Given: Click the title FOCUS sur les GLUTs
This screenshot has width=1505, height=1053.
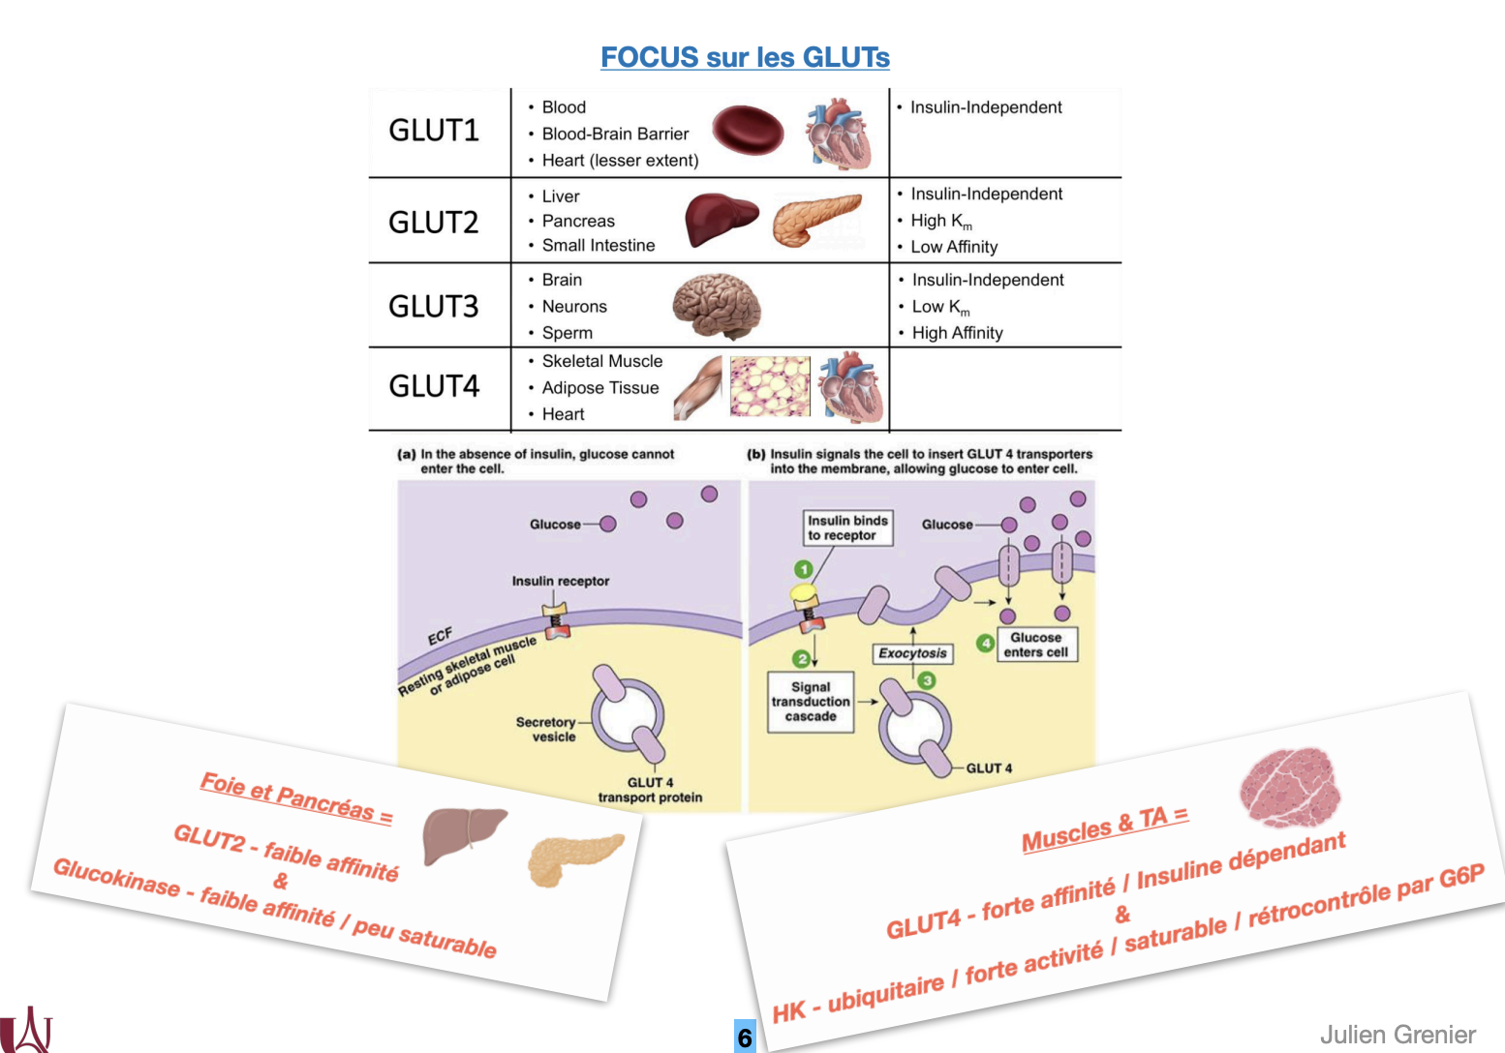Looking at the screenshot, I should [745, 57].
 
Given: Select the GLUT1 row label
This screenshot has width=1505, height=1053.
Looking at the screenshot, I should [434, 131].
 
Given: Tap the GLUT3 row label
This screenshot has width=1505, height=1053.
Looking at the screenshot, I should [434, 307].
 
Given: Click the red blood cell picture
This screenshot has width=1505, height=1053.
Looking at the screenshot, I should [748, 132].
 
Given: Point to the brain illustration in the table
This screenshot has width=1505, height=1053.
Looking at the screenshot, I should [717, 305].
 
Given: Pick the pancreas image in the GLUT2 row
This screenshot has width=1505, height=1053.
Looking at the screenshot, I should [816, 219].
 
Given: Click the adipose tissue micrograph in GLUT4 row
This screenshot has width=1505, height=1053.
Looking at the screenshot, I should [770, 386].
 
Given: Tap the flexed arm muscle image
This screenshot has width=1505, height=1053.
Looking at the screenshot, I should [699, 387].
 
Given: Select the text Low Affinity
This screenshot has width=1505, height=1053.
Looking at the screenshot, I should [954, 247].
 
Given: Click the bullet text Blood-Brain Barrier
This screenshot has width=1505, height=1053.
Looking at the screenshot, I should [615, 134].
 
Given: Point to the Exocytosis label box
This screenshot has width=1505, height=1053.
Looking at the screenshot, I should [912, 653].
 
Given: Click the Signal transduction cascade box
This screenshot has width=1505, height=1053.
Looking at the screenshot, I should [811, 702].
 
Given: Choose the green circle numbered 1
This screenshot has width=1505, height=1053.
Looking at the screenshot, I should [803, 569].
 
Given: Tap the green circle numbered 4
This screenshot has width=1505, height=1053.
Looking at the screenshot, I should [985, 643].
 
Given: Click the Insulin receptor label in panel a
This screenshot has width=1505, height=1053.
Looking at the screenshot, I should [561, 581].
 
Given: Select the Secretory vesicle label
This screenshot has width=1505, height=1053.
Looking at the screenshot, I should [546, 729].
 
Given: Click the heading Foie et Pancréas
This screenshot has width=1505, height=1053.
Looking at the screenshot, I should [296, 797].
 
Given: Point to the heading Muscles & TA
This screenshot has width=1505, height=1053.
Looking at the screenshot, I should [1105, 828].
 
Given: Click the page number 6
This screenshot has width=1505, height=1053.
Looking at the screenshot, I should [744, 1038].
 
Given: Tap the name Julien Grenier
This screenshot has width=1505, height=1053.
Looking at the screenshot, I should [1397, 1035].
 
